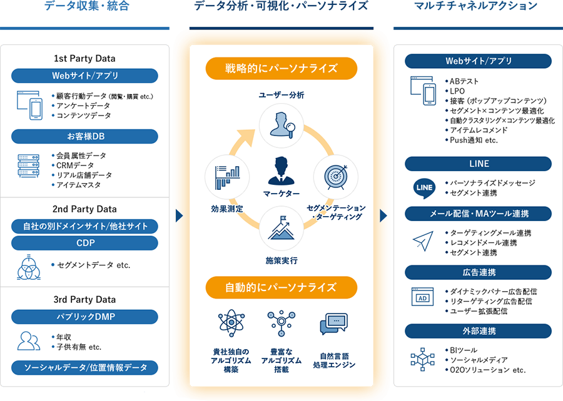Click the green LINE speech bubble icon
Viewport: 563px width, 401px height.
tap(424, 187)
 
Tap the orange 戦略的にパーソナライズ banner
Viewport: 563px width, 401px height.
tap(281, 68)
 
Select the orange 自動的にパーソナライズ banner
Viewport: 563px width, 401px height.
tap(281, 287)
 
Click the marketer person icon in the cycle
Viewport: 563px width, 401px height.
tap(281, 170)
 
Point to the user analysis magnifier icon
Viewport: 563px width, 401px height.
tap(281, 122)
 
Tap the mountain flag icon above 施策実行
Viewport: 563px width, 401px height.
tap(281, 229)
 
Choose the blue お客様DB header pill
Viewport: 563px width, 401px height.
tap(84, 136)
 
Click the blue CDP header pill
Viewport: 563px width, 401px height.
tap(84, 243)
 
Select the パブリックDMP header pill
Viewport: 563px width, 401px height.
tap(84, 317)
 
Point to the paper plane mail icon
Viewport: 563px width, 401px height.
tap(423, 241)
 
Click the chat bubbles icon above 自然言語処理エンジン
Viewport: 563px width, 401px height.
tap(333, 324)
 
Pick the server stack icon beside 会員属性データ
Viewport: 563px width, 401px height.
tap(28, 166)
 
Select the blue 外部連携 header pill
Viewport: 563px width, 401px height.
tap(479, 331)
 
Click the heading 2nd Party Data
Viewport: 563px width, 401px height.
tap(84, 209)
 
